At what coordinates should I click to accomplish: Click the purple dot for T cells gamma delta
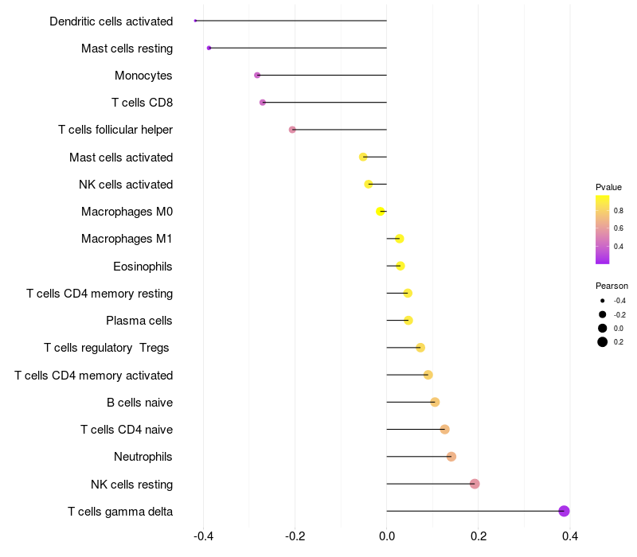pyautogui.click(x=564, y=511)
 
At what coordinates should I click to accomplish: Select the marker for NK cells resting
pyautogui.click(x=475, y=484)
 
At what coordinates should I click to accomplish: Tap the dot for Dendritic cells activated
pyautogui.click(x=195, y=21)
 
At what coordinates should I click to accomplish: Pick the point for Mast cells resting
pyautogui.click(x=209, y=48)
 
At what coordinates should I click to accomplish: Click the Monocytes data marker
pyautogui.click(x=257, y=75)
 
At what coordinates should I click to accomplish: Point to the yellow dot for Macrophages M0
pyautogui.click(x=381, y=211)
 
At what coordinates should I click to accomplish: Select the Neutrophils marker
pyautogui.click(x=451, y=457)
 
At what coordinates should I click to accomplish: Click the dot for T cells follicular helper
pyautogui.click(x=292, y=130)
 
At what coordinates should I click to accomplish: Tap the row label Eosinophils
pyautogui.click(x=143, y=266)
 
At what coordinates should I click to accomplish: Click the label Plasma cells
pyautogui.click(x=139, y=321)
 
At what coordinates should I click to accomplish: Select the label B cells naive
pyautogui.click(x=139, y=403)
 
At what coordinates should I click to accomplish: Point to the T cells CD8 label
pyautogui.click(x=142, y=103)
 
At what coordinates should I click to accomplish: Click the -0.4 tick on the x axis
pyautogui.click(x=203, y=536)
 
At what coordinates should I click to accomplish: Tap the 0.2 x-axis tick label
pyautogui.click(x=478, y=536)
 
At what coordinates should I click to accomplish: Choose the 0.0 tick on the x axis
pyautogui.click(x=387, y=536)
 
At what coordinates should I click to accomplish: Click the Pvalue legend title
pyautogui.click(x=608, y=187)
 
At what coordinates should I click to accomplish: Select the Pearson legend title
pyautogui.click(x=612, y=286)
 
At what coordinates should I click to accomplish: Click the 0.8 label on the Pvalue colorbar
pyautogui.click(x=618, y=210)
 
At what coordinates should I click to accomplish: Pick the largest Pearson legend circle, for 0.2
pyautogui.click(x=603, y=342)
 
